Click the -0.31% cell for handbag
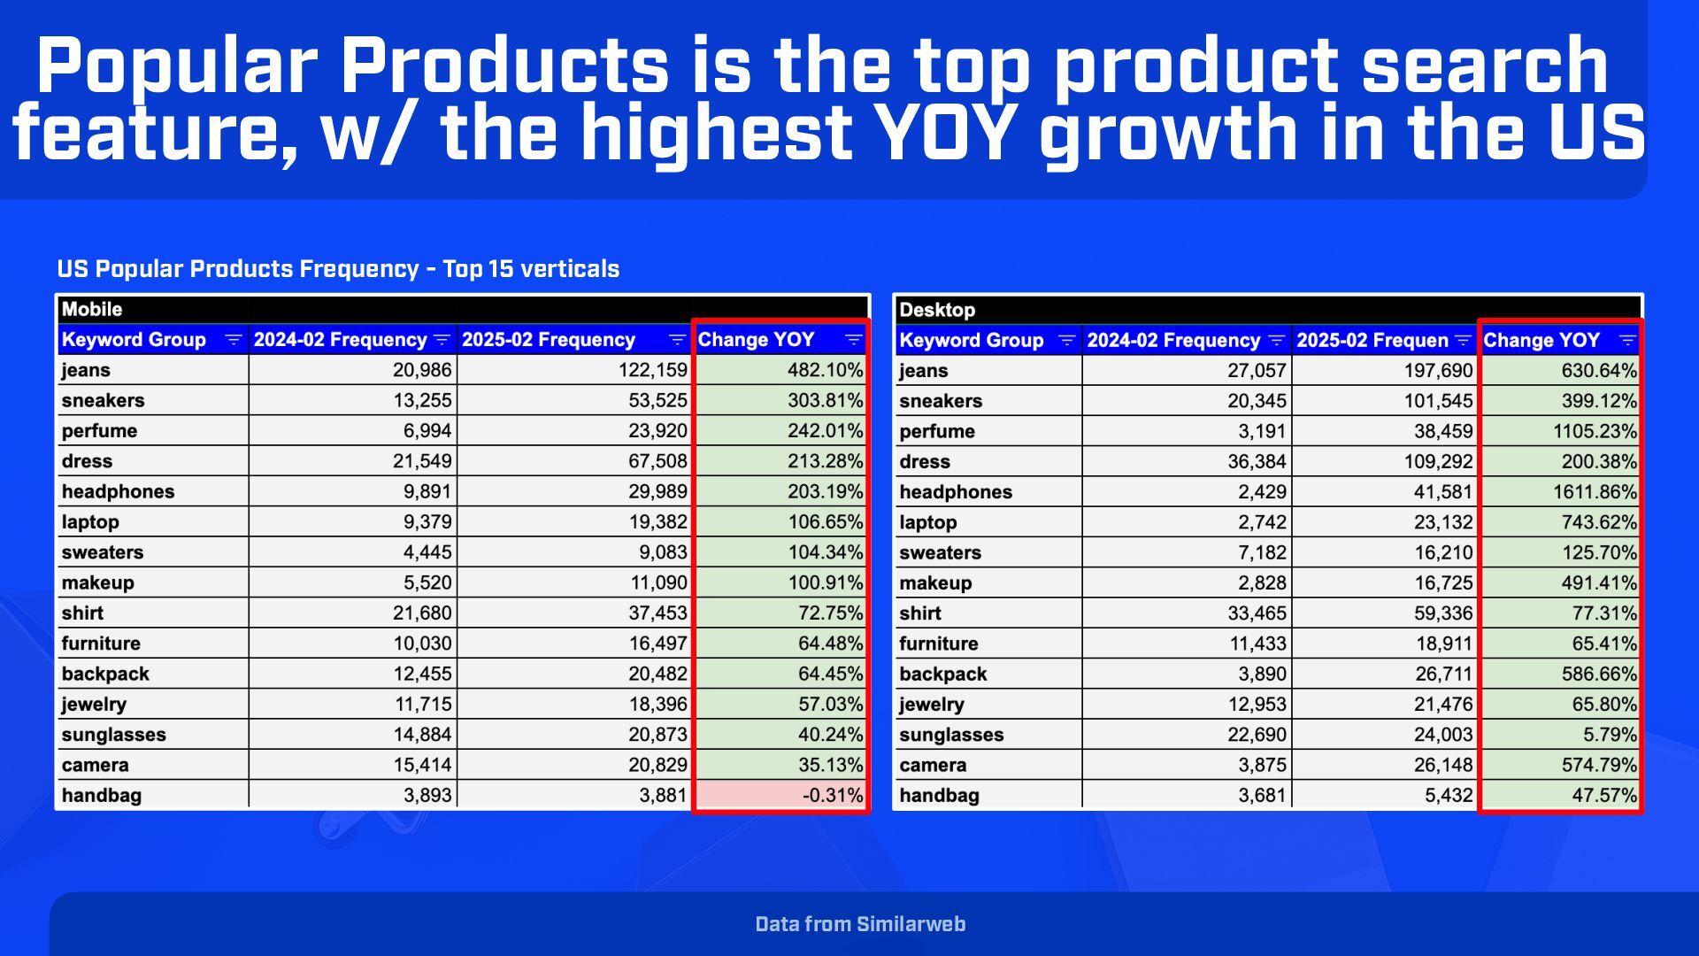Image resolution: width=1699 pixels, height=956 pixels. pyautogui.click(x=832, y=795)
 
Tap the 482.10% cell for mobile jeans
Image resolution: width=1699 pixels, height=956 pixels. pyautogui.click(x=825, y=370)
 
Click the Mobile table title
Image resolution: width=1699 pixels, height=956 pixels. pyautogui.click(x=92, y=310)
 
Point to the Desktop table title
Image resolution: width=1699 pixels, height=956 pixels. pyautogui.click(x=936, y=311)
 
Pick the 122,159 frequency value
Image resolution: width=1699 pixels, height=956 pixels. pyautogui.click(x=652, y=370)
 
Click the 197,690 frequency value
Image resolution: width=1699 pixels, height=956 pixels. pyautogui.click(x=1438, y=371)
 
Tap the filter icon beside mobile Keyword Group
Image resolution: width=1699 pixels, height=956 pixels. pyautogui.click(x=234, y=340)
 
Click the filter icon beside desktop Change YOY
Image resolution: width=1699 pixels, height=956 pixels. pyautogui.click(x=1627, y=341)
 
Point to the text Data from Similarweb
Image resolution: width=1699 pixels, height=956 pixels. pyautogui.click(x=860, y=924)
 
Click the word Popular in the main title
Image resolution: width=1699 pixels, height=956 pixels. pyautogui.click(x=177, y=66)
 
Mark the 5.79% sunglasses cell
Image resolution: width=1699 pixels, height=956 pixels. pyautogui.click(x=1610, y=735)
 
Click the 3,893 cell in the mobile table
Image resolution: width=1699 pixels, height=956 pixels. pyautogui.click(x=427, y=795)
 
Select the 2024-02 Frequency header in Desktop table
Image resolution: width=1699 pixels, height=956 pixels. pyautogui.click(x=1172, y=341)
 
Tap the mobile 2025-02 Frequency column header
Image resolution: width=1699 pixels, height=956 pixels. pyautogui.click(x=549, y=340)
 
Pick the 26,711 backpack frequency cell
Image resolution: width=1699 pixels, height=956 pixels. pyautogui.click(x=1443, y=675)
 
